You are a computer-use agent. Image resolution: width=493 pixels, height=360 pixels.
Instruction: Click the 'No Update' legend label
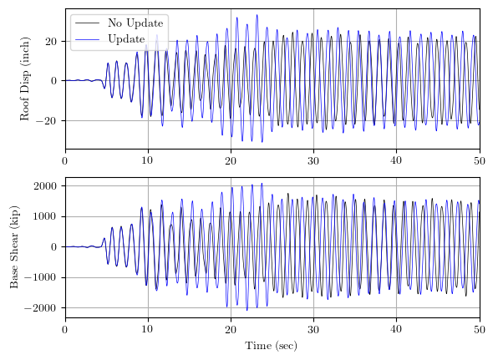click(x=136, y=23)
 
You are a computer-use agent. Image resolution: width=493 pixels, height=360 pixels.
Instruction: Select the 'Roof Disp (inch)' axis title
click(x=25, y=79)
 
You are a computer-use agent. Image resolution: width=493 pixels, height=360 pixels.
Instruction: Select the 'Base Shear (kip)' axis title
click(x=14, y=247)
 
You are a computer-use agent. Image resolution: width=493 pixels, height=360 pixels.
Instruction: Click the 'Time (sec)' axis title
click(x=272, y=345)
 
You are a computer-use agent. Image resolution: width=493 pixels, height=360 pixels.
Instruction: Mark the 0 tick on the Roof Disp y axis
click(x=53, y=81)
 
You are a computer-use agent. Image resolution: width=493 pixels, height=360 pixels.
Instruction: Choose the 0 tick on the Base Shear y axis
click(x=53, y=247)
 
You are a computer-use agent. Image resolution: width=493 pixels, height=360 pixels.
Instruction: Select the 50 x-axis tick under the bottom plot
click(x=479, y=329)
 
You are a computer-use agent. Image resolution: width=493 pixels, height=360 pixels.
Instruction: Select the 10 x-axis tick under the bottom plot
click(x=148, y=329)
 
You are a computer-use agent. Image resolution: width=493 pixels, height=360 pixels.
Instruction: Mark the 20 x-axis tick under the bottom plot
click(x=231, y=329)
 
